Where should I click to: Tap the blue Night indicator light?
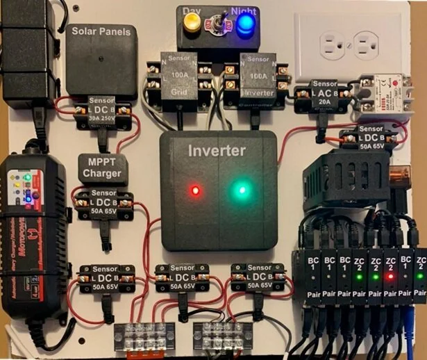point(244,24)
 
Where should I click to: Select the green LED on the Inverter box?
point(241,188)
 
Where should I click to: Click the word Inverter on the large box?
point(217,150)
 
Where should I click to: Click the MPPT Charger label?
point(102,167)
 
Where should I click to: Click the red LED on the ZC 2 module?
point(391,276)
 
